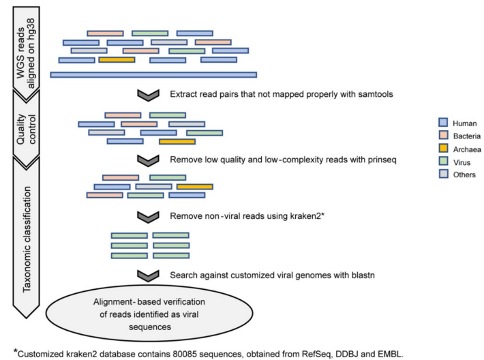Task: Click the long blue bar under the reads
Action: coord(153,74)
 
